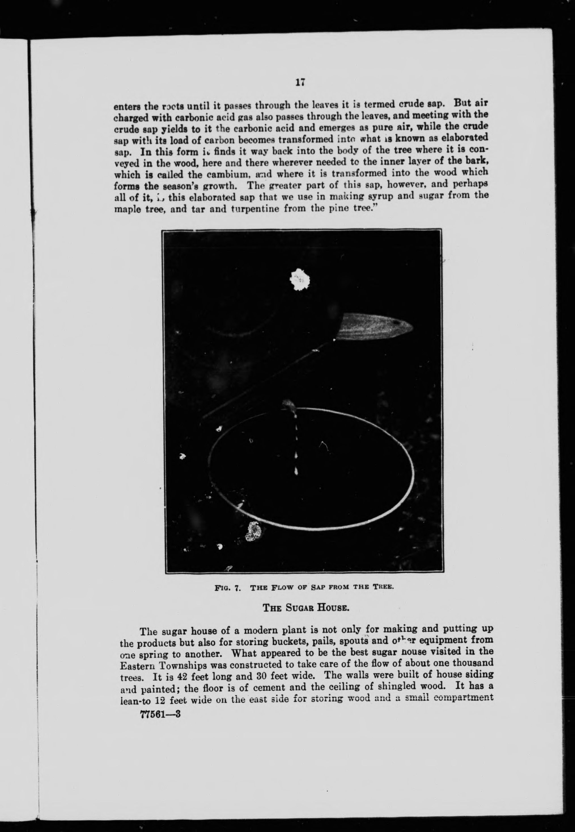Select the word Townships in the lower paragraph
coord(182,665)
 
